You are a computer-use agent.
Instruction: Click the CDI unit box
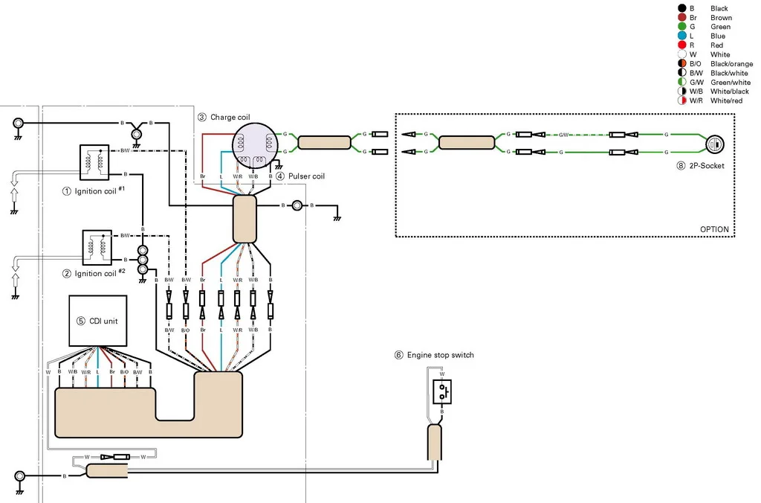pos(98,321)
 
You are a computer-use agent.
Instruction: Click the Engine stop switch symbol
pos(442,391)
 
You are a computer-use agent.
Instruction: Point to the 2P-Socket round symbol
pos(714,144)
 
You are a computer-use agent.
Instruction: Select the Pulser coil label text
pos(306,176)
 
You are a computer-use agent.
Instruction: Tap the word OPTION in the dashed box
pos(714,229)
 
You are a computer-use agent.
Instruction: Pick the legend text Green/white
pos(731,82)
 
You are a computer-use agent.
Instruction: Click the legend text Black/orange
pos(731,64)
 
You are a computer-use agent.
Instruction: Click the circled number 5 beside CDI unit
pos(81,321)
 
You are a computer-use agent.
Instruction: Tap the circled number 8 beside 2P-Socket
pos(681,166)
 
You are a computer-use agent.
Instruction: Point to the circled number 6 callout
pos(399,355)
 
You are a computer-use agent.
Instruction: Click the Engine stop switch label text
pos(440,355)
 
